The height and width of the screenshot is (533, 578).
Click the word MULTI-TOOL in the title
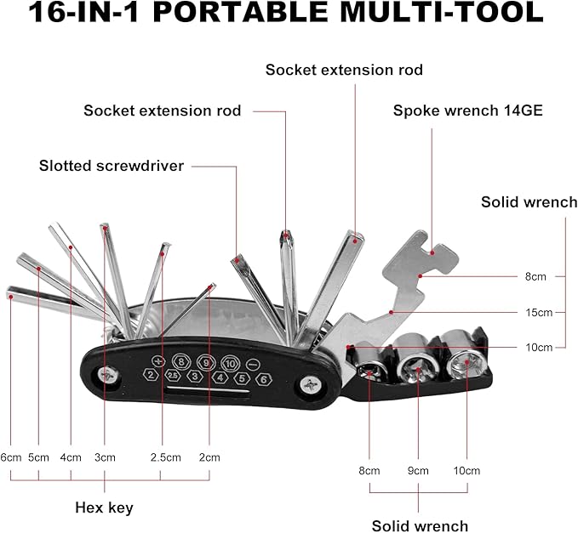[442, 12]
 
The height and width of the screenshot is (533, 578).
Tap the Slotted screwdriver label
[112, 166]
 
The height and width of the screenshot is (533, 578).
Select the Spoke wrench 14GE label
[468, 111]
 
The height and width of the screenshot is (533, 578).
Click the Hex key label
[104, 507]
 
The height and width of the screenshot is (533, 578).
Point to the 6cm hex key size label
[11, 457]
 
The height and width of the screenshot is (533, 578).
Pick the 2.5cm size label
[165, 457]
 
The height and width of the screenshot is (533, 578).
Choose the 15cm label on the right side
[539, 313]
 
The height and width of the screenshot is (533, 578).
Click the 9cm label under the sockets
[418, 471]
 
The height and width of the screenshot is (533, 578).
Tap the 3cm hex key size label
[105, 457]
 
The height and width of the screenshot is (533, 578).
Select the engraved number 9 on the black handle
[206, 363]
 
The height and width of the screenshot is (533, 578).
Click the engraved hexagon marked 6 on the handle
[264, 379]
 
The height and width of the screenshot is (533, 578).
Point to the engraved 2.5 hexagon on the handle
[173, 376]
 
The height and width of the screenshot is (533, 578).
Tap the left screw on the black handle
[109, 377]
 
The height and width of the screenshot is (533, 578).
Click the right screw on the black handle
[311, 386]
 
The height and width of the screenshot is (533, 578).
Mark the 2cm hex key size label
[209, 457]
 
